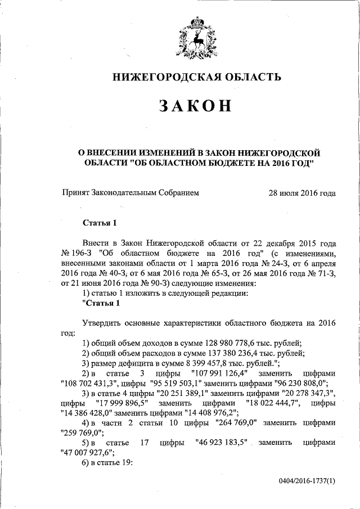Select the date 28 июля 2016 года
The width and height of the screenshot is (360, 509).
pyautogui.click(x=303, y=193)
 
